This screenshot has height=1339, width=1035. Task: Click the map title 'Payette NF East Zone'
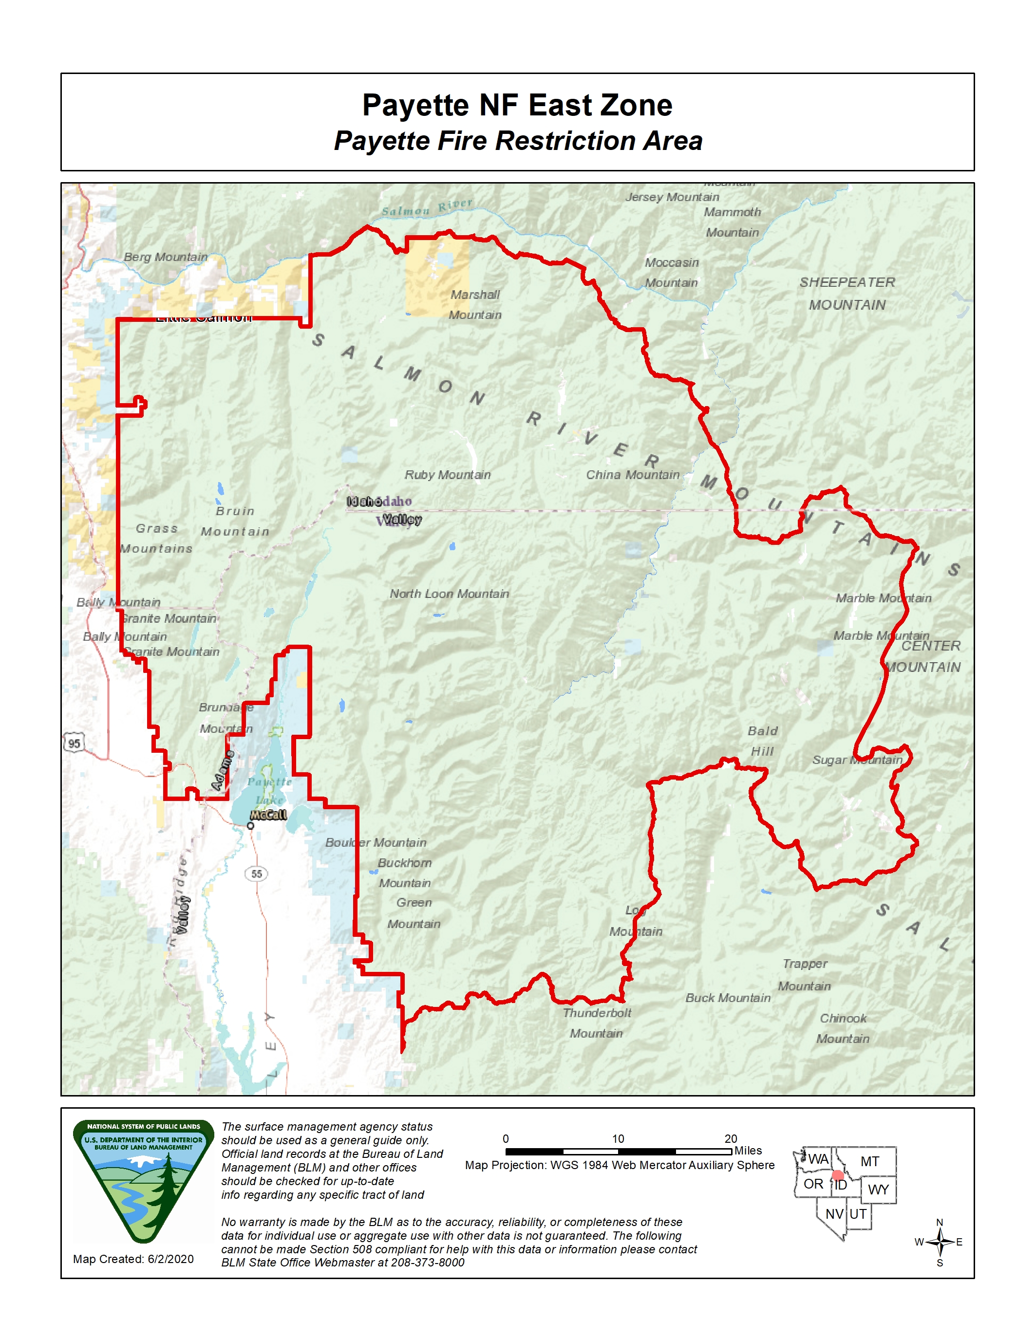click(517, 105)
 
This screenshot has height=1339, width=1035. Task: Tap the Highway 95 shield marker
click(74, 744)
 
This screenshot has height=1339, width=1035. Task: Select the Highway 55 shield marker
click(256, 874)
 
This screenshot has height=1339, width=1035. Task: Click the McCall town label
click(268, 815)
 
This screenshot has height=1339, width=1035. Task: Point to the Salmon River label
click(427, 207)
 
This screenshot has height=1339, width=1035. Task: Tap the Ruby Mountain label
click(447, 475)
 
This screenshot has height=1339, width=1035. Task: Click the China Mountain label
click(632, 475)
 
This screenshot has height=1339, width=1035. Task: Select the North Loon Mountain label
click(449, 594)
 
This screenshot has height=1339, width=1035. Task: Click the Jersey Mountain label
click(672, 197)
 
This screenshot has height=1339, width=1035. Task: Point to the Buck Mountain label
click(728, 998)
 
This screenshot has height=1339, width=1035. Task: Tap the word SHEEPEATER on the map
click(847, 282)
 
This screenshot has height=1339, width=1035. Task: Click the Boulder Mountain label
click(375, 842)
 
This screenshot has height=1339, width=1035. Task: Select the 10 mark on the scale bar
click(618, 1138)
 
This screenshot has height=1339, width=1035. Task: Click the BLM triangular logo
click(144, 1180)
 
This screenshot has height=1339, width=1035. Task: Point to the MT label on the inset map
click(869, 1161)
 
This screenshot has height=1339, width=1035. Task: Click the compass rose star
click(940, 1242)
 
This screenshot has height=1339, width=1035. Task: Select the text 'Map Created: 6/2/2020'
click(133, 1259)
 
